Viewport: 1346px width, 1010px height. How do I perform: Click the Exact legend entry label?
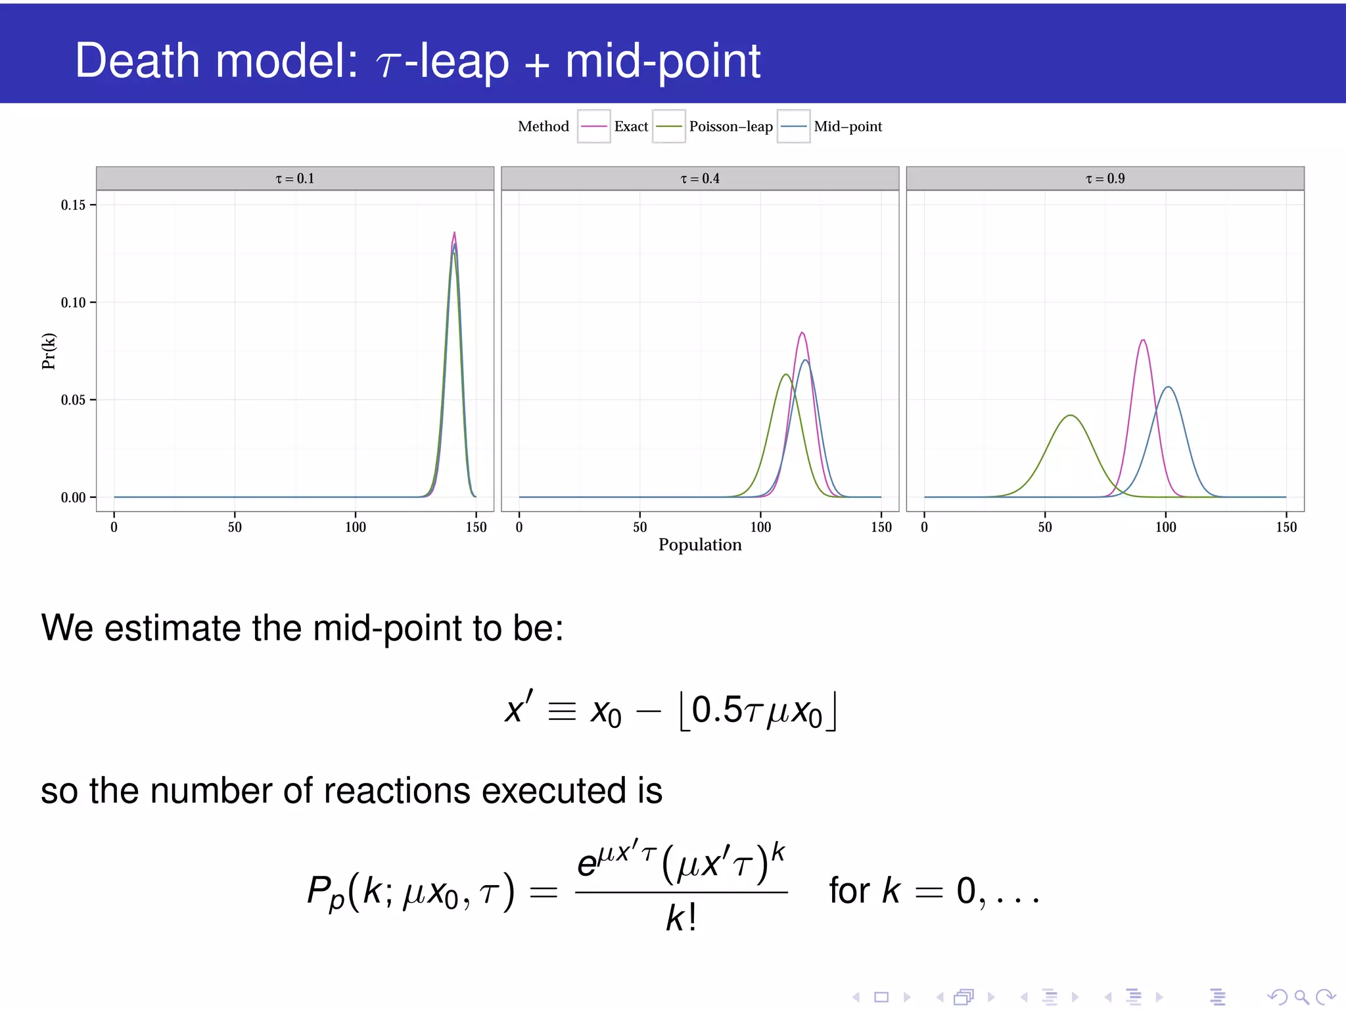pos(631,126)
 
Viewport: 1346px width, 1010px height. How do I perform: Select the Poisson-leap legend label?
pos(730,126)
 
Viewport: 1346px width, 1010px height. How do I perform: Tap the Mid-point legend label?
pos(847,126)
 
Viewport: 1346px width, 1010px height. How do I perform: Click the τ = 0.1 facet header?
pos(294,178)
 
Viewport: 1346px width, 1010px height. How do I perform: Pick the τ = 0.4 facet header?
pos(699,178)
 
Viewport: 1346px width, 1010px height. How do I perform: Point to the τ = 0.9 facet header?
pos(1105,178)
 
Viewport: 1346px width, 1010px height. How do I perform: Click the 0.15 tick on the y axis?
pos(73,205)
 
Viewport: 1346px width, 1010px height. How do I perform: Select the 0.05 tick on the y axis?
pos(73,400)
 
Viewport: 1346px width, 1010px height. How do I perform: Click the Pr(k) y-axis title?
pos(49,351)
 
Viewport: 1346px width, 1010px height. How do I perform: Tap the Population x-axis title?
pos(699,544)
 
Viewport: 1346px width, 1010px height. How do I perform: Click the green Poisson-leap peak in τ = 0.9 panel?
pos(1071,416)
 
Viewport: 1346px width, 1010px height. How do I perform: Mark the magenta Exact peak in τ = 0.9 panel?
pos(1144,340)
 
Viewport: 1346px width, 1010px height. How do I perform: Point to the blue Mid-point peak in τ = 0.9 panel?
pos(1168,387)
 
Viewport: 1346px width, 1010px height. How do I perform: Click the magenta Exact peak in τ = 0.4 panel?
pos(802,333)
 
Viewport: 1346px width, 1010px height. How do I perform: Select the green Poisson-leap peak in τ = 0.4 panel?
pos(785,375)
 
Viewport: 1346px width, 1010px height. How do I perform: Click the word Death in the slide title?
pos(137,60)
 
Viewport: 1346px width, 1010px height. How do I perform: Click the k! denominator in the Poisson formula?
pos(681,918)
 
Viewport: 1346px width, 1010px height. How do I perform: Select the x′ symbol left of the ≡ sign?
pos(519,709)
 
